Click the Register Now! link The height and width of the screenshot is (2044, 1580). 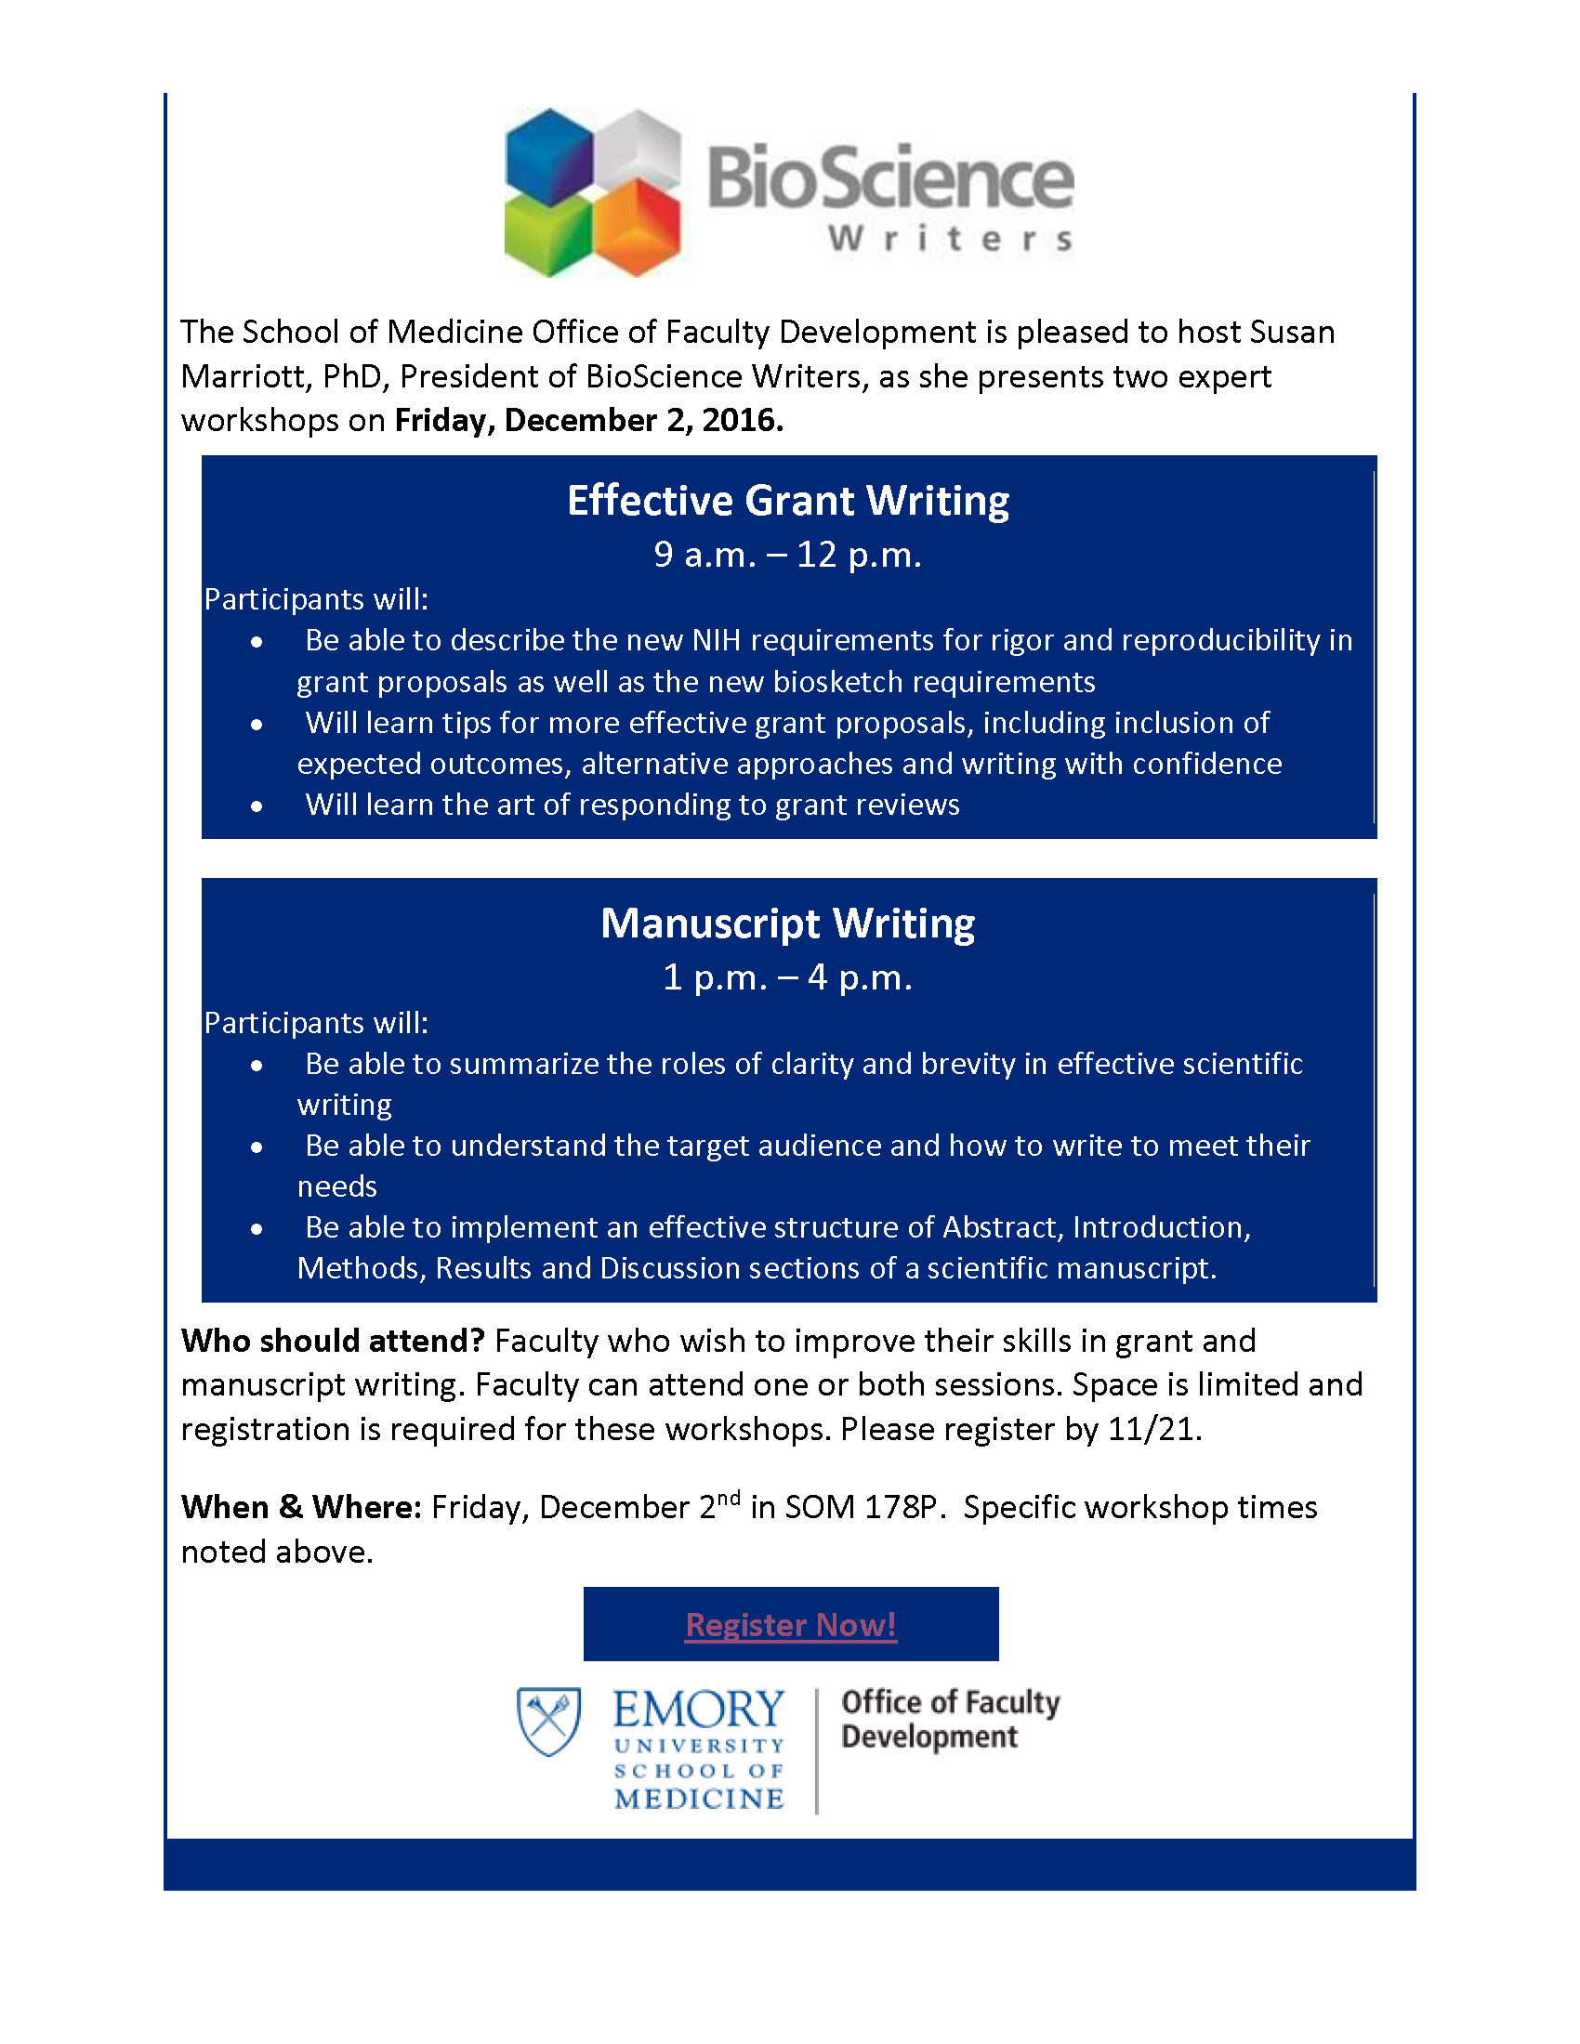click(791, 1625)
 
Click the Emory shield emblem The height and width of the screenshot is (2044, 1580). click(549, 1720)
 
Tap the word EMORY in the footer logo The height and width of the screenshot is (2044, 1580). click(698, 1709)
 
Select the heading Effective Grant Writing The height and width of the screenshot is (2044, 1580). click(788, 501)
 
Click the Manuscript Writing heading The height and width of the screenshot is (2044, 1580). click(788, 924)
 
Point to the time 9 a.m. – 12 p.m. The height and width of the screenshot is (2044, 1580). click(788, 555)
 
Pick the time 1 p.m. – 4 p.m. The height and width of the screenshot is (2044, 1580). click(788, 978)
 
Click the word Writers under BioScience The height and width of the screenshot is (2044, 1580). click(951, 240)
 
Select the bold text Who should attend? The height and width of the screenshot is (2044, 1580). click(334, 1341)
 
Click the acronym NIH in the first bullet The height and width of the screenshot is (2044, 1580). click(716, 640)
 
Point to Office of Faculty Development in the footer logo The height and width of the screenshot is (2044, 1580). click(949, 1719)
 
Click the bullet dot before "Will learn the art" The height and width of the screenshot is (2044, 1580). click(257, 806)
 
